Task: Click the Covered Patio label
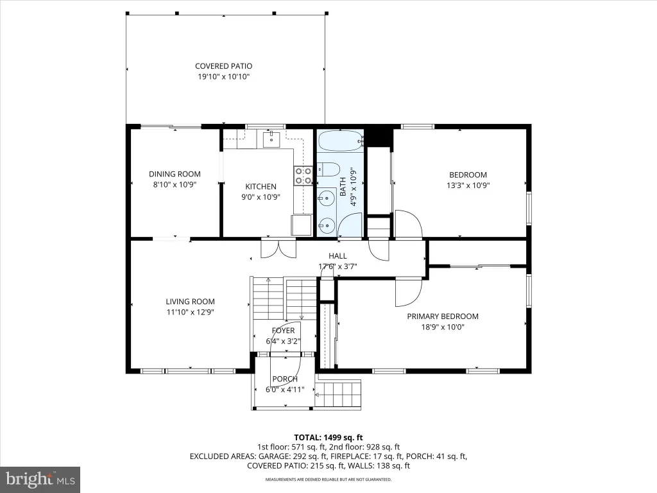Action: click(x=224, y=66)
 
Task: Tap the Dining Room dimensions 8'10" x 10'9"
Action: click(x=175, y=184)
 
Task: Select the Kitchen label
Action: click(x=260, y=187)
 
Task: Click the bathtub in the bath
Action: click(x=340, y=140)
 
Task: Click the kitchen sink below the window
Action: click(x=271, y=139)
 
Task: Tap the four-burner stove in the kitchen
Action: click(x=303, y=176)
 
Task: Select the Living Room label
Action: click(x=190, y=302)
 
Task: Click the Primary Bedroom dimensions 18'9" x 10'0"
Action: click(x=443, y=327)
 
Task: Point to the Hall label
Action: click(x=337, y=255)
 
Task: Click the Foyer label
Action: click(x=283, y=331)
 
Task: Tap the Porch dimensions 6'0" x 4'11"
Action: click(x=285, y=390)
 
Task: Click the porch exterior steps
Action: click(x=337, y=395)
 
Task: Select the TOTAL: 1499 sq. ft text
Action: click(x=328, y=438)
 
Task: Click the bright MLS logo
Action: click(x=40, y=479)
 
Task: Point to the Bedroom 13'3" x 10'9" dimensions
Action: click(x=468, y=186)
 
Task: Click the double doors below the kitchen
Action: click(x=278, y=248)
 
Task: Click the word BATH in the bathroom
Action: click(x=343, y=187)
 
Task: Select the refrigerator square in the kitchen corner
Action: click(x=302, y=225)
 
